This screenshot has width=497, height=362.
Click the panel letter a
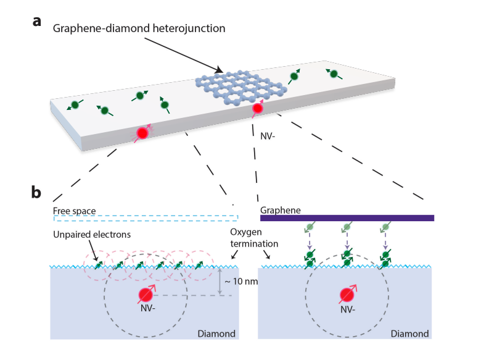click(38, 22)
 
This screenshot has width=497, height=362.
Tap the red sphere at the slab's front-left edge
click(142, 132)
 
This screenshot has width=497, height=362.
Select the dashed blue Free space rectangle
click(146, 217)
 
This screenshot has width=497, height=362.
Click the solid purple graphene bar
click(347, 217)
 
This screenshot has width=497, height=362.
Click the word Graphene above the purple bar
click(281, 210)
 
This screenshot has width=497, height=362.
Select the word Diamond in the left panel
click(214, 334)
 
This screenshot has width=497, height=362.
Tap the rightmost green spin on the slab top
click(334, 74)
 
